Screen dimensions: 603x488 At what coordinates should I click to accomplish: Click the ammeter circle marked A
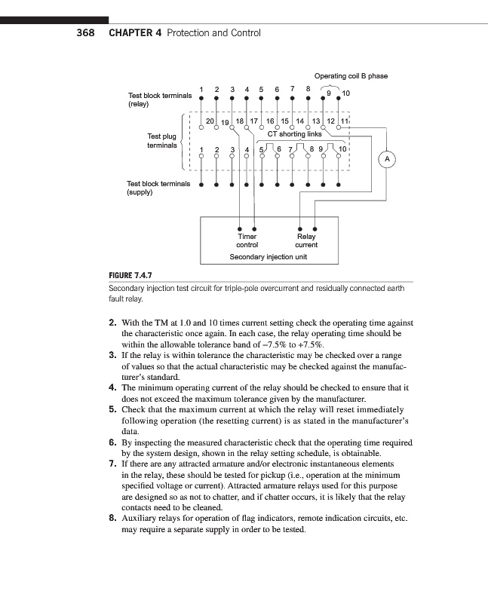point(387,160)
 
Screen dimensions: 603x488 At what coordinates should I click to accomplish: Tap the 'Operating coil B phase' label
point(351,76)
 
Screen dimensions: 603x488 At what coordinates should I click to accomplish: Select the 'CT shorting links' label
point(295,134)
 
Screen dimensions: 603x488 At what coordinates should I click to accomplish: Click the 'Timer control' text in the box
point(247,240)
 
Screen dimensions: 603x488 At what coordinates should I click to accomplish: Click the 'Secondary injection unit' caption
point(268,256)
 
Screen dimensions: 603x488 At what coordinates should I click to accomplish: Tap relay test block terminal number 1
point(201,92)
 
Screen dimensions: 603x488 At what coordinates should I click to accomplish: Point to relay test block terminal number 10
point(346,93)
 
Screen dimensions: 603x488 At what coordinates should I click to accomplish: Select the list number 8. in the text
point(112,518)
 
